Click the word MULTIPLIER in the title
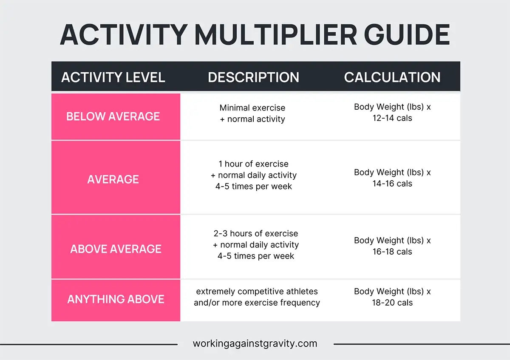point(276,34)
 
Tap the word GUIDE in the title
point(407,34)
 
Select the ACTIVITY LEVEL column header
point(113,77)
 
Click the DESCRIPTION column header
point(253,77)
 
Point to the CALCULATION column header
point(392,77)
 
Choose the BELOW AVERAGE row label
point(113,116)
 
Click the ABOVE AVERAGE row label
point(116,249)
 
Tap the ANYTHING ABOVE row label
point(116,299)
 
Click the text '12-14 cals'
point(392,118)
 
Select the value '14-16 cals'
point(392,184)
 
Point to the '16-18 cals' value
point(392,252)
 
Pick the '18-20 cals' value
point(392,303)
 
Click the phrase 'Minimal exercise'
point(252,108)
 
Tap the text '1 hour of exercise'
point(253,164)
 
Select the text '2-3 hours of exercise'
point(256,233)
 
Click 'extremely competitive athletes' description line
point(257,292)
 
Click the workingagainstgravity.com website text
point(255,343)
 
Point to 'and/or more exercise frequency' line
point(257,303)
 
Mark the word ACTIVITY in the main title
point(124,34)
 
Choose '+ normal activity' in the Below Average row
point(252,119)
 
